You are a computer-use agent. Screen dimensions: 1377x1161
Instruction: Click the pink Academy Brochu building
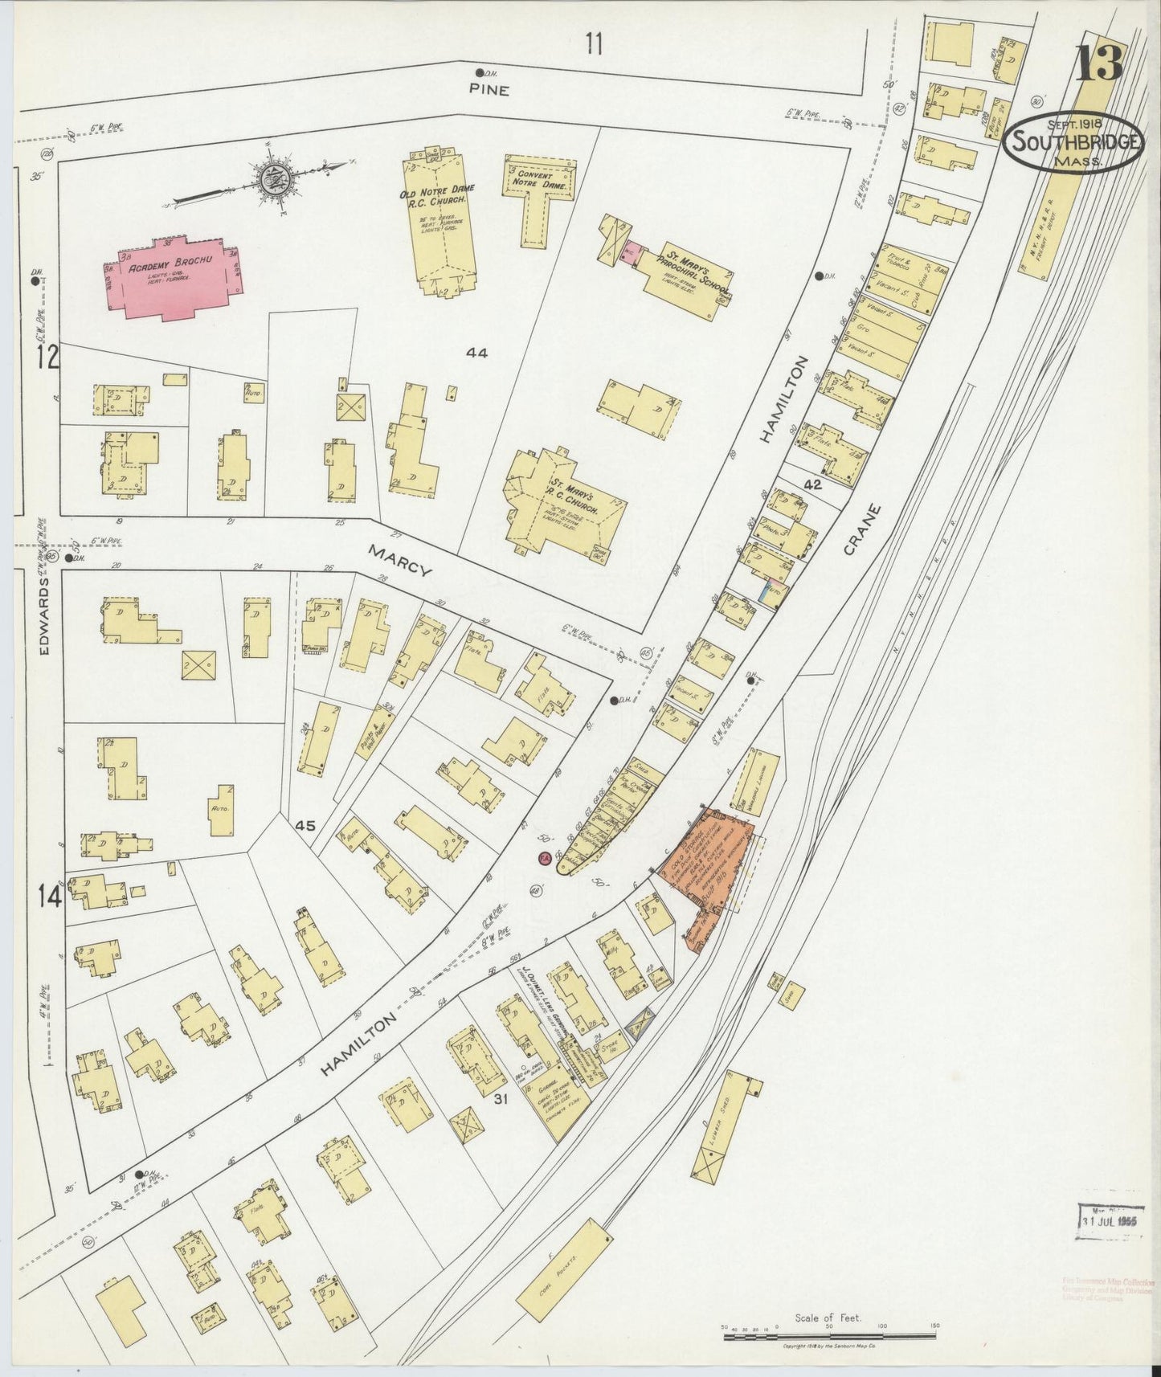[x=174, y=278]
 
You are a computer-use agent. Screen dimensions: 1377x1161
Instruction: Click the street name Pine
[x=489, y=90]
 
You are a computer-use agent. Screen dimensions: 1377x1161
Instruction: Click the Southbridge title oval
[x=1073, y=142]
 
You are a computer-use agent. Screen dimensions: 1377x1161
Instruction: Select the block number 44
[x=476, y=352]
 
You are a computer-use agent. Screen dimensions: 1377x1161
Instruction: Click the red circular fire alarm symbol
[x=544, y=859]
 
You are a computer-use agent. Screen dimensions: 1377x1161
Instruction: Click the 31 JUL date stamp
[x=1110, y=1219]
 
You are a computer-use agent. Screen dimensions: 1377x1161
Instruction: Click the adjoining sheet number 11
[x=593, y=43]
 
